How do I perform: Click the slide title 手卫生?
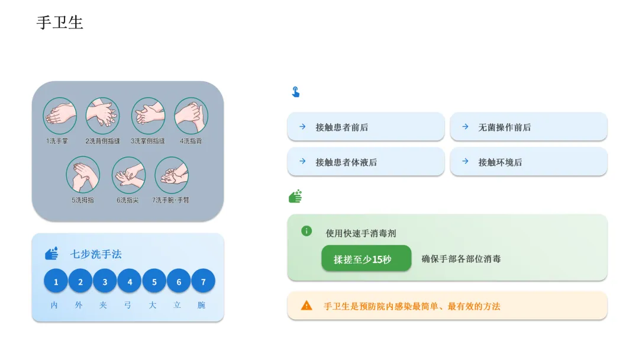click(60, 22)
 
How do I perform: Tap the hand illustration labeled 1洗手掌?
click(60, 115)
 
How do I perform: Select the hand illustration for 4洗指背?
click(191, 115)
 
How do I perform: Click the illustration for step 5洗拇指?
click(83, 174)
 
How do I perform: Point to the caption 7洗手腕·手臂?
click(171, 200)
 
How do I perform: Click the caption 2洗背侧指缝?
click(102, 142)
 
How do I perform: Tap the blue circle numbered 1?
click(56, 281)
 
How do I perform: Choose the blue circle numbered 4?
click(130, 281)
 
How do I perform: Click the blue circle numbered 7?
click(203, 281)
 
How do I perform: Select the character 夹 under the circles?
click(103, 306)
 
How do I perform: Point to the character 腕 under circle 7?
click(202, 306)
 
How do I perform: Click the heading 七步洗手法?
click(96, 254)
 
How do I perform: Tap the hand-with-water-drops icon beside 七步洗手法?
click(52, 253)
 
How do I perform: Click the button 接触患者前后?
click(366, 127)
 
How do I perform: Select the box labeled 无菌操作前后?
click(528, 127)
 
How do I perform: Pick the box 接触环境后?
click(528, 162)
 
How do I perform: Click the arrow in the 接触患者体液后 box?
click(302, 161)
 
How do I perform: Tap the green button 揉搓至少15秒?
click(366, 259)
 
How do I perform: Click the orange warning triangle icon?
click(306, 306)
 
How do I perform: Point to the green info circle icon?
click(306, 231)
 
